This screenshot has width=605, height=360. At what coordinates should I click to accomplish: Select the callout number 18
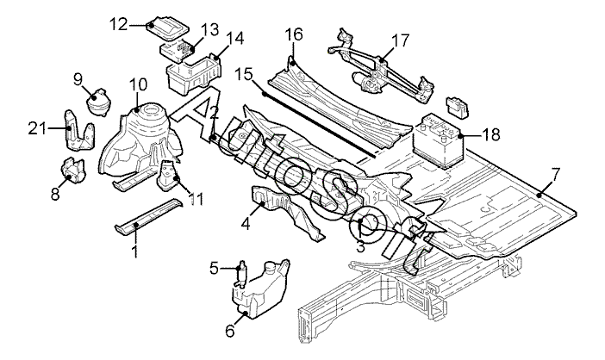click(490, 135)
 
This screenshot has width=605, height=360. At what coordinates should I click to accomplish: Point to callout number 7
click(555, 175)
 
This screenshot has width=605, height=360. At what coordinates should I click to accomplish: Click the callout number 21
click(35, 129)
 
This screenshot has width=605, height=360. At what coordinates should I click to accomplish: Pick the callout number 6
click(230, 329)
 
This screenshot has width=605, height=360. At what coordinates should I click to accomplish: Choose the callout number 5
click(215, 269)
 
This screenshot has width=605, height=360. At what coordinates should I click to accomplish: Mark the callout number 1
click(134, 251)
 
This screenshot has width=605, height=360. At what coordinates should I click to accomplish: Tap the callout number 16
click(294, 34)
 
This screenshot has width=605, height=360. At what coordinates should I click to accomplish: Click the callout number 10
click(138, 84)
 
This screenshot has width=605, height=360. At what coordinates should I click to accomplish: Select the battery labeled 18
click(440, 138)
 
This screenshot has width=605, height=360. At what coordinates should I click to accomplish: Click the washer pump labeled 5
click(243, 275)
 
